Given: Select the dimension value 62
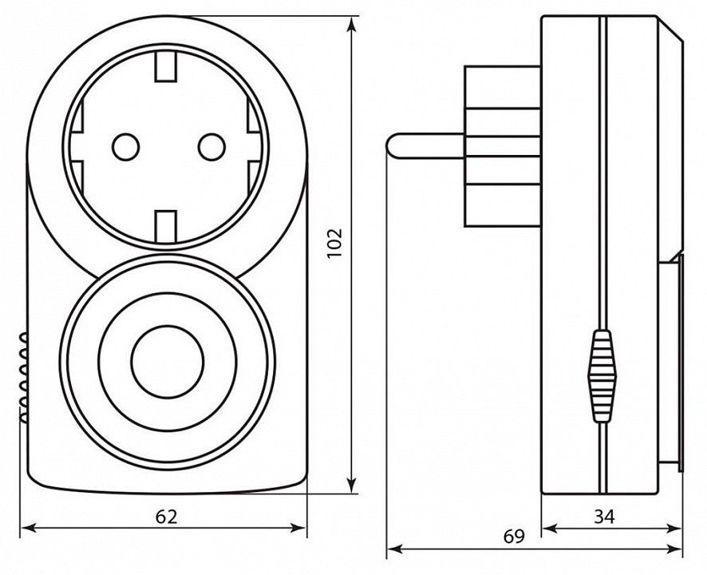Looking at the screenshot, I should pos(165,517).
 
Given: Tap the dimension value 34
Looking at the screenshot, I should pos(605,517).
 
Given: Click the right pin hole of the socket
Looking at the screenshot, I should pos(211,145).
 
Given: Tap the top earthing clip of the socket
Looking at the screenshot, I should pos(166,67).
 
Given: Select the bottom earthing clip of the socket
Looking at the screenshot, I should pos(166,223).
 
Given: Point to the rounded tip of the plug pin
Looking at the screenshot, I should pos(393,144).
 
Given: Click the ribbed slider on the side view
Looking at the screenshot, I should pos(602,375).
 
